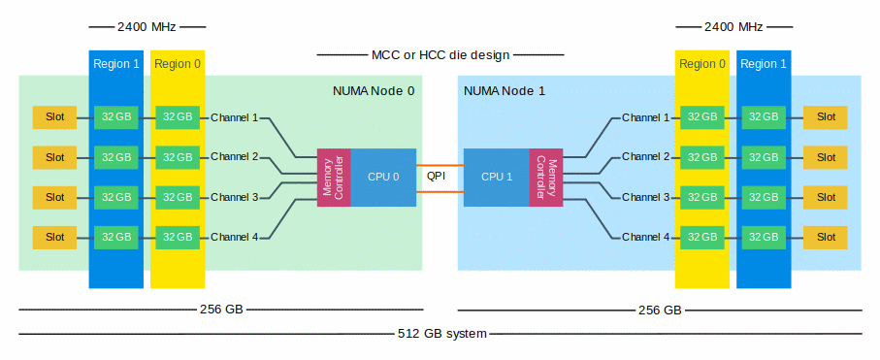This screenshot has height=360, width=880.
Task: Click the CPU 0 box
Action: [383, 177]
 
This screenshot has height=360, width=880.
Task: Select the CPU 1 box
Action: [497, 177]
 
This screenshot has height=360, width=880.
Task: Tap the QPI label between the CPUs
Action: [438, 177]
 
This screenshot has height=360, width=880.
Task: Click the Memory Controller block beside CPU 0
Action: [333, 177]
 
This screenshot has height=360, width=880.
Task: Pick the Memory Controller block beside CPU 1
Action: [546, 177]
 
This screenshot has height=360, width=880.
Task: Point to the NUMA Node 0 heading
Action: [374, 91]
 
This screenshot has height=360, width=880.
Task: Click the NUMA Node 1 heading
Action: [505, 91]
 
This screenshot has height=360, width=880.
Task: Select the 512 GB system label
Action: [441, 334]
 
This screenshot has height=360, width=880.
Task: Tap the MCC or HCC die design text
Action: [440, 55]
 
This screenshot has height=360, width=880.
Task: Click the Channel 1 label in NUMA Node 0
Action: [234, 117]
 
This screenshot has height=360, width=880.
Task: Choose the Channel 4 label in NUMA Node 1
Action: [645, 237]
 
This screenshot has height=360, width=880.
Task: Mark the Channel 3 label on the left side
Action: [234, 197]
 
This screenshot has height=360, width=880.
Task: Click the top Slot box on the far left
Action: [54, 117]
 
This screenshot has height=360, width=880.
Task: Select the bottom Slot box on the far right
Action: [825, 237]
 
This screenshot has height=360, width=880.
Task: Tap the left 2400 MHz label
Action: [147, 26]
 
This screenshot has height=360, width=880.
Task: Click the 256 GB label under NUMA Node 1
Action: [660, 311]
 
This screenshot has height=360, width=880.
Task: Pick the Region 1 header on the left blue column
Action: [116, 65]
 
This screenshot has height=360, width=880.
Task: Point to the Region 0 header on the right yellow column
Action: [702, 65]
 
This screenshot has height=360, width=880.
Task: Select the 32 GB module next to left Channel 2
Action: [178, 157]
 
